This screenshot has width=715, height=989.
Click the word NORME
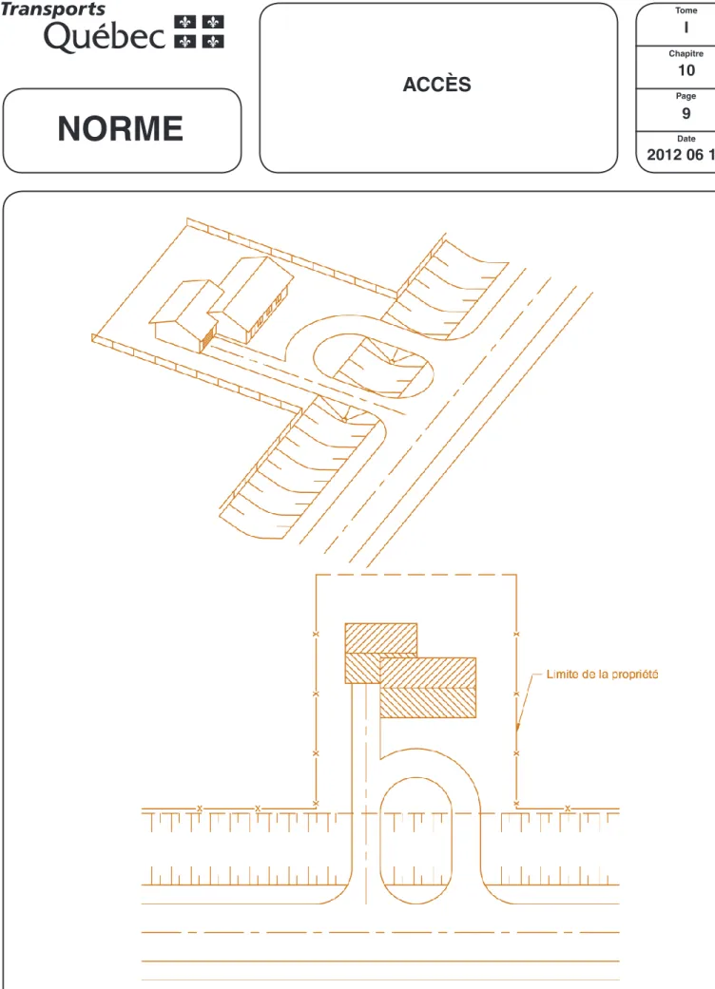[121, 128]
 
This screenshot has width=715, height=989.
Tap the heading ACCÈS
[437, 84]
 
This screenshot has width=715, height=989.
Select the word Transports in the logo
[53, 10]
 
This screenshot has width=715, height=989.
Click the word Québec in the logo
[105, 36]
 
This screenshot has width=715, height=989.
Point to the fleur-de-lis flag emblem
[200, 31]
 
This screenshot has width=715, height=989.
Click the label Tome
[686, 10]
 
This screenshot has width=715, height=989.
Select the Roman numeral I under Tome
[686, 28]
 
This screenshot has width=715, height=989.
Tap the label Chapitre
[686, 53]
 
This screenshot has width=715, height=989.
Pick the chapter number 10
[686, 70]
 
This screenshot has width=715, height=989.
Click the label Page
[686, 96]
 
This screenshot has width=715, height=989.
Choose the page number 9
[686, 114]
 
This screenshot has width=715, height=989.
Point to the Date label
[686, 139]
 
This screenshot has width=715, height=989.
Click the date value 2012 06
[675, 155]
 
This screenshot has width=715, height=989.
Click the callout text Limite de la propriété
[602, 675]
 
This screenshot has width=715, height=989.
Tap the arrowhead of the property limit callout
[517, 727]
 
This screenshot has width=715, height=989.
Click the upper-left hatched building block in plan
[380, 638]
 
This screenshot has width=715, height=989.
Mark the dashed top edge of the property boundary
[415, 575]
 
